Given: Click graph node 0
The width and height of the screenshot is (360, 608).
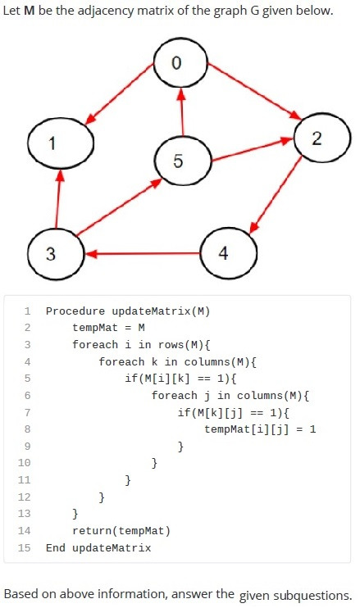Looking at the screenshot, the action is click(x=180, y=63).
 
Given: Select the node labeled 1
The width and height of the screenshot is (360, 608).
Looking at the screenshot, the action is click(x=61, y=143).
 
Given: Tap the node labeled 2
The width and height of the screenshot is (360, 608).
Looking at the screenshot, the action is click(x=322, y=138).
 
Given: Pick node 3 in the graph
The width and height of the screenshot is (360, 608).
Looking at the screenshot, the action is click(x=56, y=254).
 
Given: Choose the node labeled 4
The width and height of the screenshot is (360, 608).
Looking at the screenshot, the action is click(x=228, y=253).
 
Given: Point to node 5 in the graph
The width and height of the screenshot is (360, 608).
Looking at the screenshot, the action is click(x=183, y=161).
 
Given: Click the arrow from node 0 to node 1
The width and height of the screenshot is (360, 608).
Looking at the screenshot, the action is click(x=119, y=94).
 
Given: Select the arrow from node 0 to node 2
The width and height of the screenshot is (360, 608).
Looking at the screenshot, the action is click(x=254, y=91).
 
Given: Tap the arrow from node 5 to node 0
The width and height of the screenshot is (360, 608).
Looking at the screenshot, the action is click(x=181, y=112).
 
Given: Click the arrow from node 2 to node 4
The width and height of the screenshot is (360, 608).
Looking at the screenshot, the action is click(x=276, y=195).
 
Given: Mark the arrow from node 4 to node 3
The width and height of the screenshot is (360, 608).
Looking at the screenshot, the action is click(x=143, y=254).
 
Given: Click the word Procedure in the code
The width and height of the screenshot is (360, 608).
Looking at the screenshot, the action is click(x=75, y=311).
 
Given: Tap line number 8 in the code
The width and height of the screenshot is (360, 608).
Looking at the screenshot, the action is click(x=27, y=429).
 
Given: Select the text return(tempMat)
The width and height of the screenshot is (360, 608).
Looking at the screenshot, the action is click(x=121, y=530).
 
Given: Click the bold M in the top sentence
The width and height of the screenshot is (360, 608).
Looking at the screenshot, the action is click(x=29, y=11).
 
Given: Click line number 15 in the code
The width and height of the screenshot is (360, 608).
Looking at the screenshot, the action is click(x=24, y=547).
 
